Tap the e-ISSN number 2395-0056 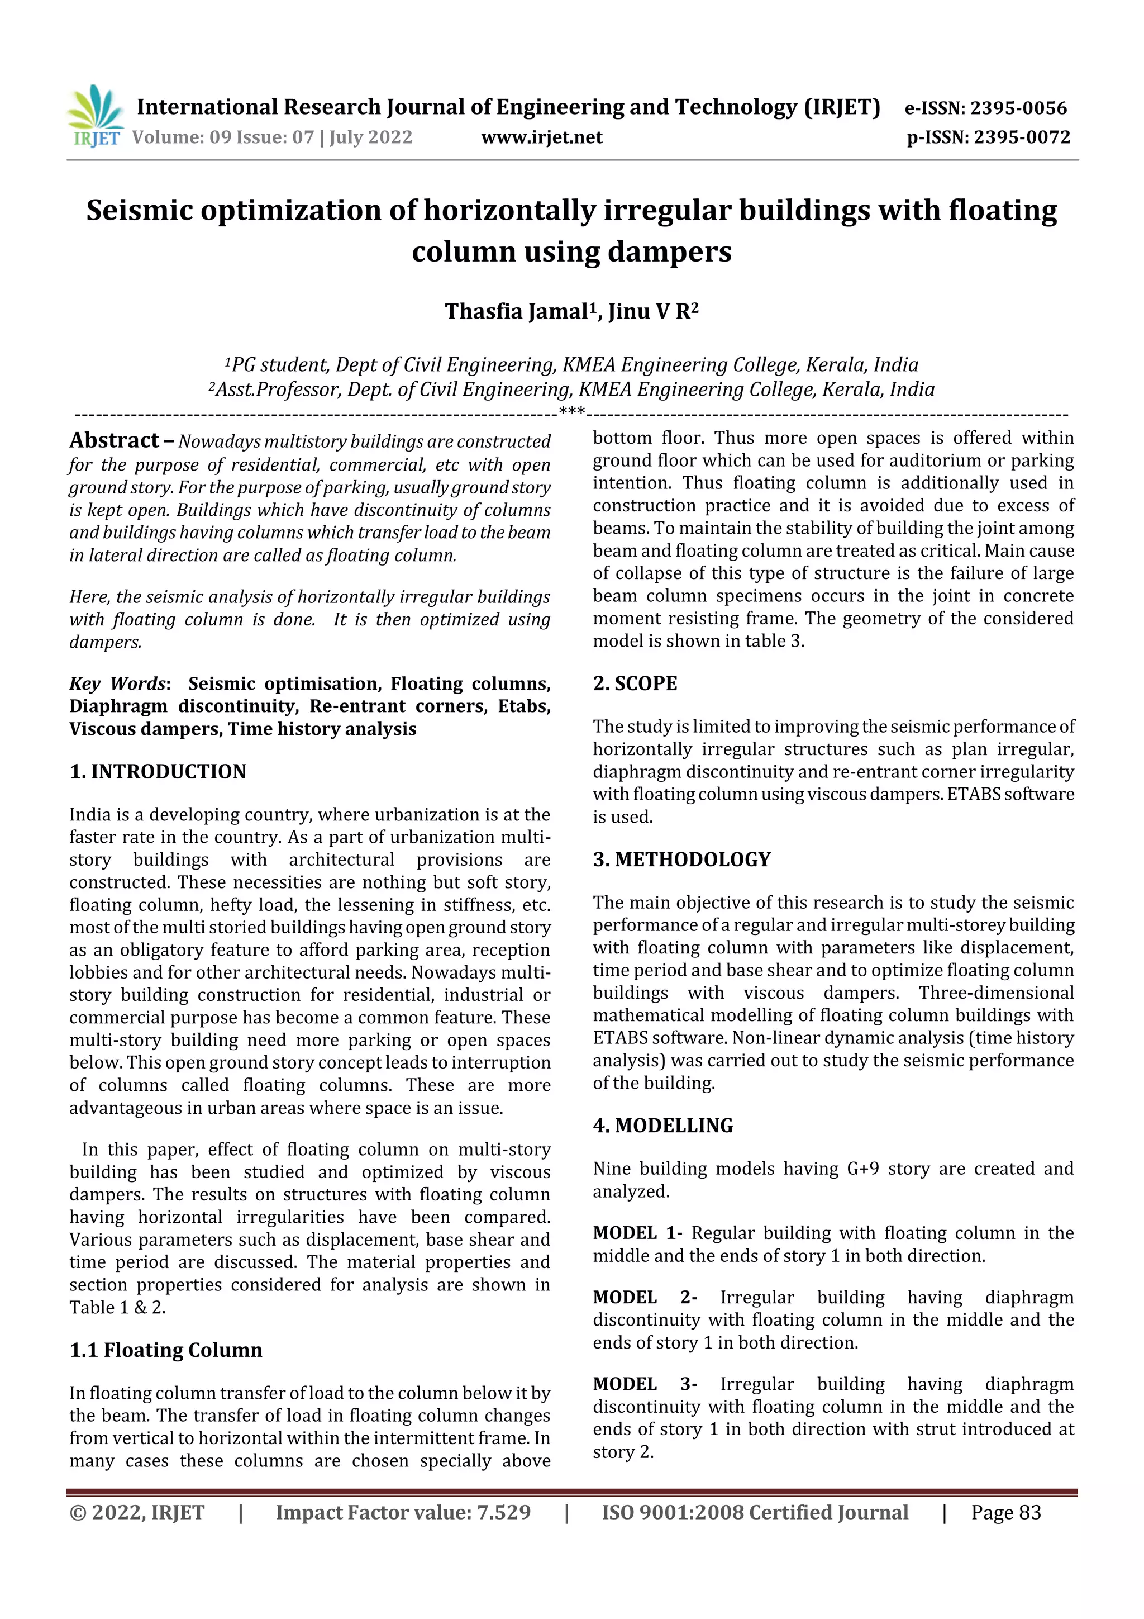[1018, 108]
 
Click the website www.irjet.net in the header [541, 137]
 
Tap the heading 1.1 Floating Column [166, 1350]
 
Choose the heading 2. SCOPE [635, 683]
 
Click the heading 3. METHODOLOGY [681, 859]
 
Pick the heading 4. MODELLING [662, 1126]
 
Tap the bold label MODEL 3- [644, 1384]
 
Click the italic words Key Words [117, 683]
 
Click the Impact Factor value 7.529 [503, 1512]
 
